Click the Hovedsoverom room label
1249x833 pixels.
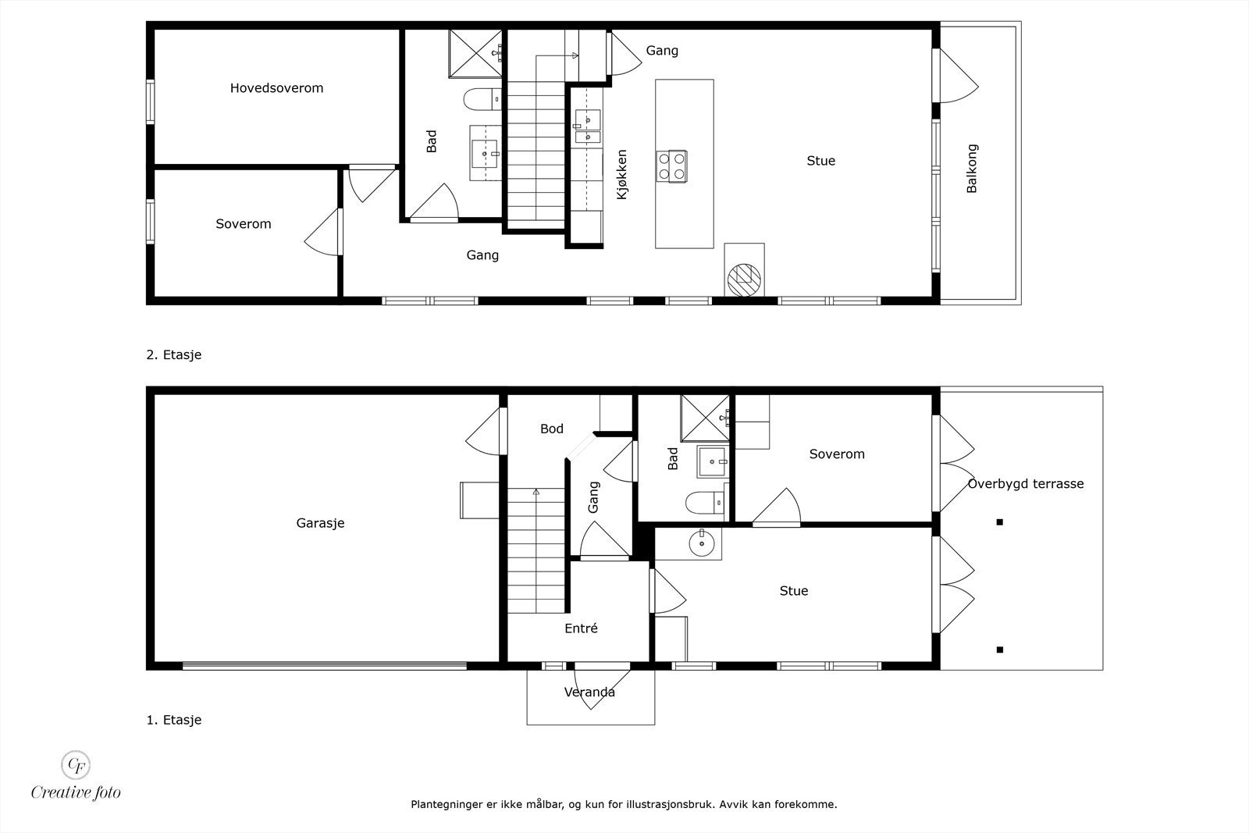pyautogui.click(x=276, y=88)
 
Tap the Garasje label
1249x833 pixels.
pyautogui.click(x=320, y=523)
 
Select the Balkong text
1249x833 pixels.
pyautogui.click(x=972, y=169)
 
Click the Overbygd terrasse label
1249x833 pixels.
pyautogui.click(x=1026, y=484)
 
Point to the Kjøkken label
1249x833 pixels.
pyautogui.click(x=622, y=174)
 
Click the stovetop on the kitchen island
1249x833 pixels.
pyautogui.click(x=672, y=166)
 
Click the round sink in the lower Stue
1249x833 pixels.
pyautogui.click(x=702, y=542)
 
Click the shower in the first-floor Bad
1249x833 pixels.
pyautogui.click(x=704, y=418)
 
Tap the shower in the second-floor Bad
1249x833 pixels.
pyautogui.click(x=474, y=54)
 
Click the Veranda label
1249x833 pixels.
pyautogui.click(x=589, y=692)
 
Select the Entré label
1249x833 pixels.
pyautogui.click(x=581, y=628)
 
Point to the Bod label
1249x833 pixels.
pyautogui.click(x=551, y=429)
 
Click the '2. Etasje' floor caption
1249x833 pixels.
pyautogui.click(x=173, y=354)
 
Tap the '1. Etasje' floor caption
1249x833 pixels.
pyautogui.click(x=173, y=720)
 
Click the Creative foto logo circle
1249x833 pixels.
pyautogui.click(x=76, y=764)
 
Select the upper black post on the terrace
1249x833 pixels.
pyautogui.click(x=999, y=522)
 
